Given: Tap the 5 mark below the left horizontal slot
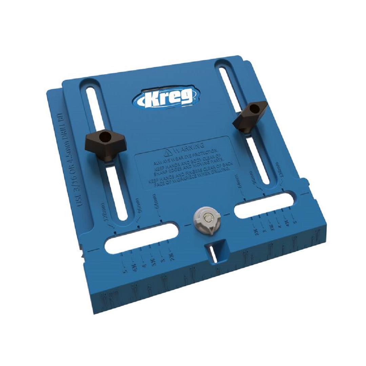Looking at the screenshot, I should click(x=126, y=271).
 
